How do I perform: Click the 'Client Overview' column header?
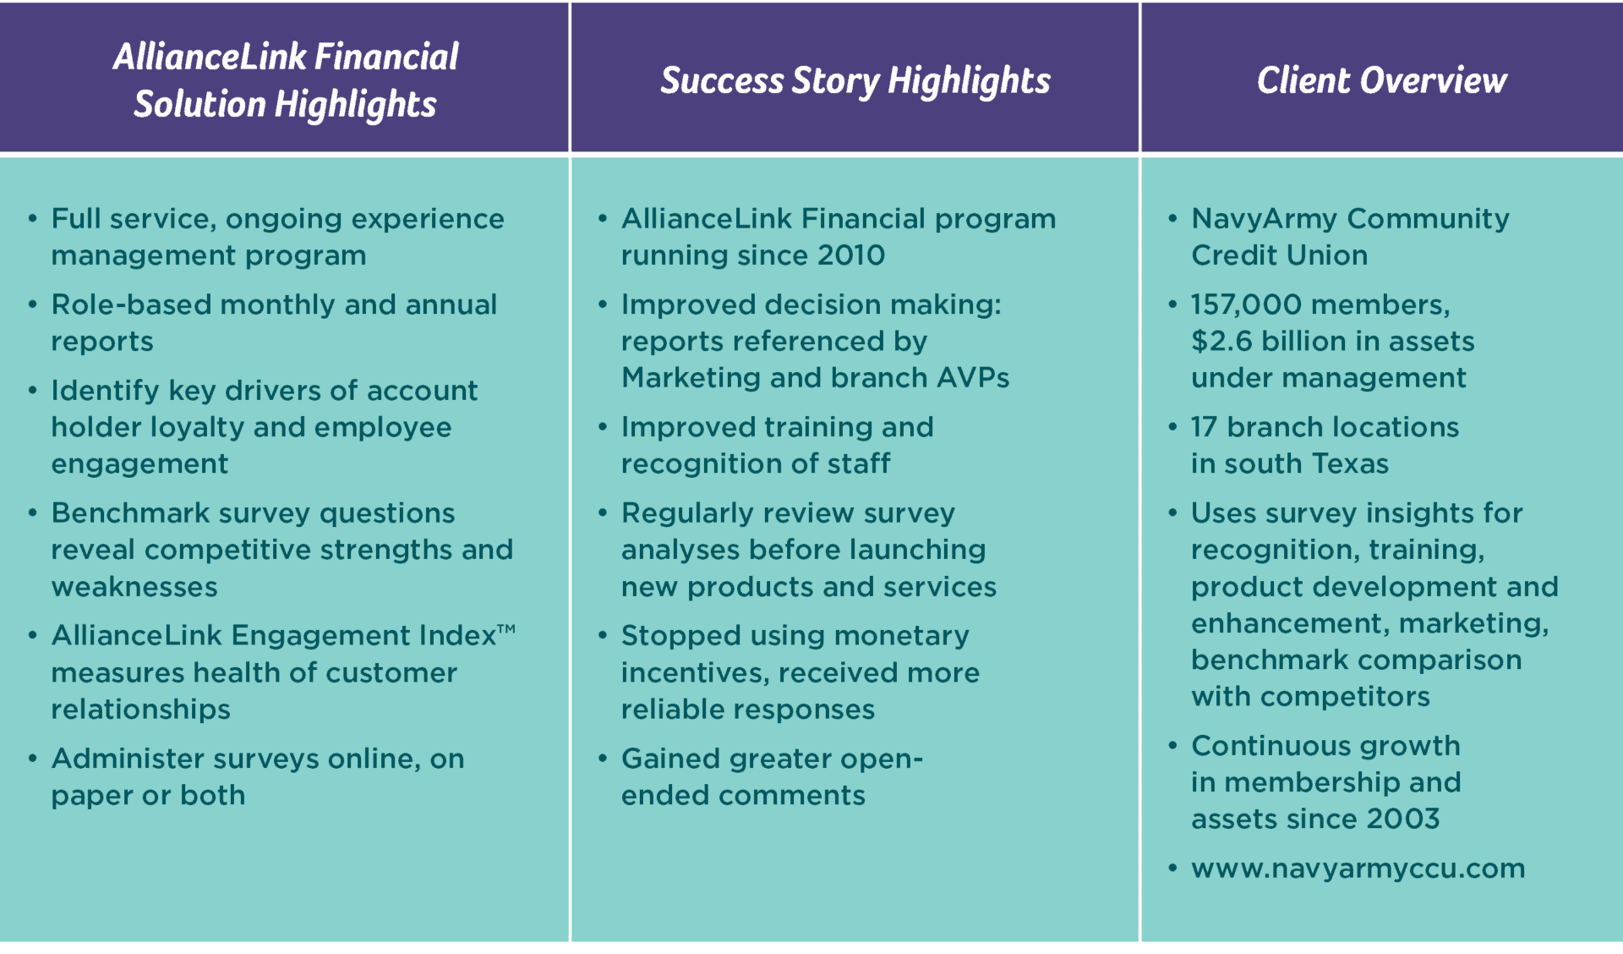tap(1381, 80)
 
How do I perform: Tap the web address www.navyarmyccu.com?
tap(1358, 869)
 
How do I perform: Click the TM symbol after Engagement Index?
tap(505, 628)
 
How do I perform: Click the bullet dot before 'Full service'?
tap(33, 219)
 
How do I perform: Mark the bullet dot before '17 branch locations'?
tap(1172, 427)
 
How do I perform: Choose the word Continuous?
tap(1258, 746)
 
